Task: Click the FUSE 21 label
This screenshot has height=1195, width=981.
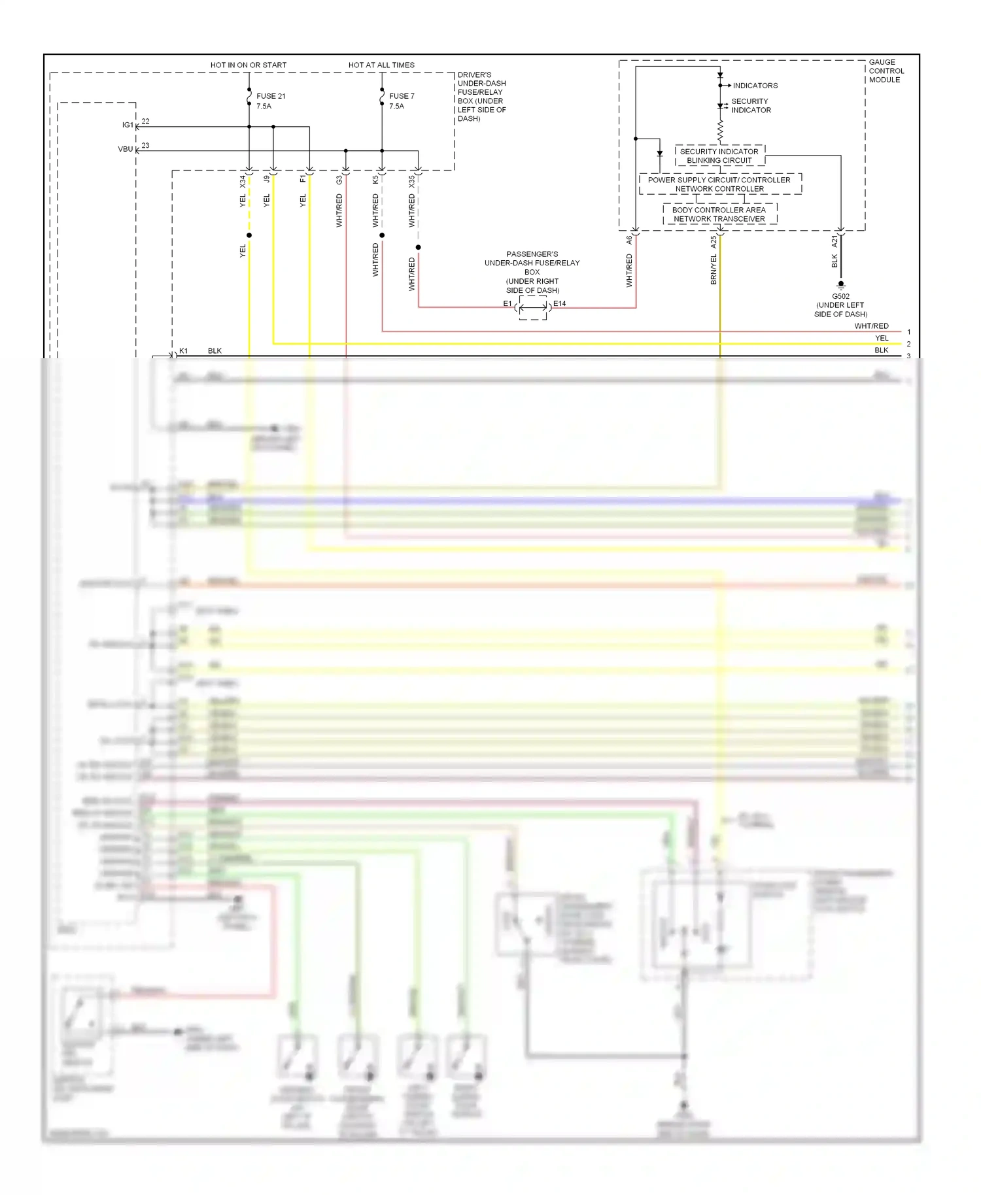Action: [271, 96]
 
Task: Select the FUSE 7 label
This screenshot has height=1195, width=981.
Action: [402, 96]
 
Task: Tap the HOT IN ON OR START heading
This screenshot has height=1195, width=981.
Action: [249, 65]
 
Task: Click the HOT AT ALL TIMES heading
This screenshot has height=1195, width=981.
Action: [381, 65]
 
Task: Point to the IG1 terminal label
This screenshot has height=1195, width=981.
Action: [128, 125]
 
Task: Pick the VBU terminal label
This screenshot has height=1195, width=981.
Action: [126, 149]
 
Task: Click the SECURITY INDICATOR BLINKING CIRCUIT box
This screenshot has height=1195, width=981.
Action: [719, 156]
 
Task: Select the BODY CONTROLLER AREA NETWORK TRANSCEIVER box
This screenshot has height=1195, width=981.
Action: [719, 214]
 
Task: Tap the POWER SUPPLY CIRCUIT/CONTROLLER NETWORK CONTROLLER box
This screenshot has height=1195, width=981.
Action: [719, 184]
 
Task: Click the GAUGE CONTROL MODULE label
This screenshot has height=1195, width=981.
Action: [886, 71]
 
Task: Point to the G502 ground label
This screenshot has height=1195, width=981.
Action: [840, 296]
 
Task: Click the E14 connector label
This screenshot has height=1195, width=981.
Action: [560, 303]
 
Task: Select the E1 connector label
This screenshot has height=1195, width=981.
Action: [508, 303]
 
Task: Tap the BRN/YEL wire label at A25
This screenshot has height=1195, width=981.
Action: [714, 269]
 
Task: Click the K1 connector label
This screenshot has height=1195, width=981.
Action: [183, 351]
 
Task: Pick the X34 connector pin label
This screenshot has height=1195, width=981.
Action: [243, 181]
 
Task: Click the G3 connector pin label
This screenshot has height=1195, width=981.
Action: [339, 179]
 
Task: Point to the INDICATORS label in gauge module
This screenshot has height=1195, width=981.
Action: [755, 86]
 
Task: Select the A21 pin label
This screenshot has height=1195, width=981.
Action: [835, 242]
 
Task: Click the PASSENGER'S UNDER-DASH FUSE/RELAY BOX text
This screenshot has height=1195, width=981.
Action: [532, 263]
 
